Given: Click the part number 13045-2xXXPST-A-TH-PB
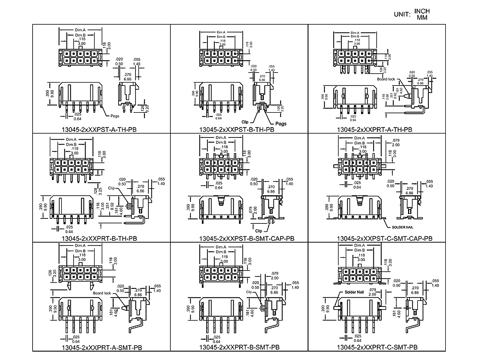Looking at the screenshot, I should (101, 130).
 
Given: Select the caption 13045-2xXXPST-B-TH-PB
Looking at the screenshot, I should (238, 130).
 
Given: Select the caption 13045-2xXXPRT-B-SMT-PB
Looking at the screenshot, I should (240, 347).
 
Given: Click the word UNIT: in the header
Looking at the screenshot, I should (402, 14).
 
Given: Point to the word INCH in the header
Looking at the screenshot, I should (422, 11).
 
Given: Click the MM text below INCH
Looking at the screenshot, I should (422, 18).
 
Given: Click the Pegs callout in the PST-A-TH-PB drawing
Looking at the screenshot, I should (115, 116).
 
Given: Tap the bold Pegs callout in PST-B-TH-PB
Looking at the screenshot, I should (281, 124).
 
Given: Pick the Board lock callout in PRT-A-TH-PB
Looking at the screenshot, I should (386, 79).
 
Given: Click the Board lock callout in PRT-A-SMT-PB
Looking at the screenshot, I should (102, 293).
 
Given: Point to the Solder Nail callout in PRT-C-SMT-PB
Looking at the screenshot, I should (354, 292).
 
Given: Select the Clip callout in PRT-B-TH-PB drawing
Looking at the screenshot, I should (112, 188).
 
